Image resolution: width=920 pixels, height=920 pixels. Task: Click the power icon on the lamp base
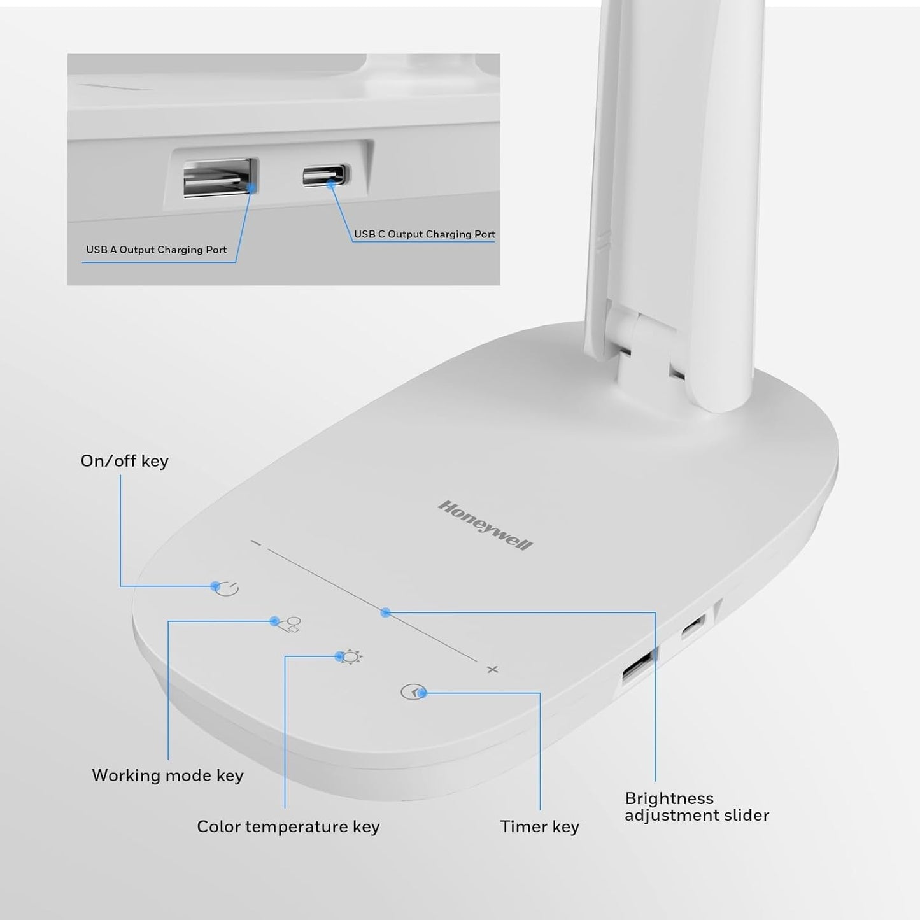[227, 589]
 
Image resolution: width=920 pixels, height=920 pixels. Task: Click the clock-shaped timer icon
[412, 692]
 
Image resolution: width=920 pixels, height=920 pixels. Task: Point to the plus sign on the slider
[492, 669]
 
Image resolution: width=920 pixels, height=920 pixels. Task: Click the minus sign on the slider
[256, 543]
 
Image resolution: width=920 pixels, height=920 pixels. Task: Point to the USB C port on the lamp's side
[693, 626]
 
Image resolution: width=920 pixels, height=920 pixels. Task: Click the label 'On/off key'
[125, 461]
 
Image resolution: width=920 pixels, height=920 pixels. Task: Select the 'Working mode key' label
[167, 775]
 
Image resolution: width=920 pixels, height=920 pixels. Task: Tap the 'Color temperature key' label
[288, 826]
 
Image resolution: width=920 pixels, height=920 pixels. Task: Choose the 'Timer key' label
[539, 826]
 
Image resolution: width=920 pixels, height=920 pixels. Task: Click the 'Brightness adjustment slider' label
[697, 807]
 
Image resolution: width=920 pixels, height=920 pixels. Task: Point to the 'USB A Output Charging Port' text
[157, 250]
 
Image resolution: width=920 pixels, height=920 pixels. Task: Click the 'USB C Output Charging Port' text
[425, 234]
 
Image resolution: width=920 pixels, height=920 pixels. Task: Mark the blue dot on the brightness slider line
[385, 612]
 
